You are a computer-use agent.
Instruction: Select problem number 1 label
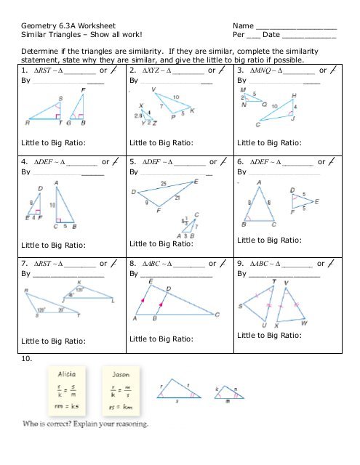point(25,71)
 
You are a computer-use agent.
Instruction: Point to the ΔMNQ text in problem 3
point(265,71)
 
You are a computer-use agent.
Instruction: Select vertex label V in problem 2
point(154,90)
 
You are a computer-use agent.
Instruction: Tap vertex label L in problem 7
point(113,299)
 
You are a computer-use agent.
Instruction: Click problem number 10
point(25,358)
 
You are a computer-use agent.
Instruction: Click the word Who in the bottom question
point(33,424)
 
